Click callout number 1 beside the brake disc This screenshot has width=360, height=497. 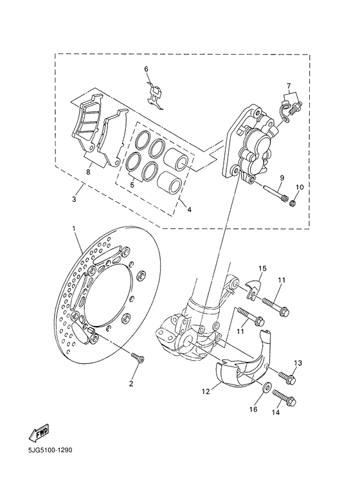pyautogui.click(x=74, y=229)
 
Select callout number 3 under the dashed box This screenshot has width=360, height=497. pyautogui.click(x=75, y=200)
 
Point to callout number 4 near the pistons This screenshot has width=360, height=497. pyautogui.click(x=189, y=209)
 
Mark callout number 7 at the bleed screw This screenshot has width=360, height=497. pyautogui.click(x=289, y=86)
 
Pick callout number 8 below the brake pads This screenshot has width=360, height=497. pyautogui.click(x=88, y=172)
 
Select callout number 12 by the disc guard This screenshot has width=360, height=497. pyautogui.click(x=206, y=390)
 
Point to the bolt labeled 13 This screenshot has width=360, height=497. pyautogui.click(x=287, y=377)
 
